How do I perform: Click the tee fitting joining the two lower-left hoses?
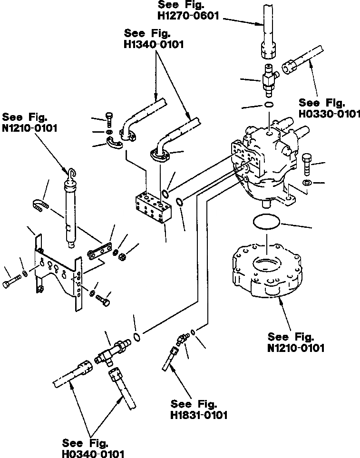[x=111, y=355]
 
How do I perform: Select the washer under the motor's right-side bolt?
[x=306, y=183]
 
